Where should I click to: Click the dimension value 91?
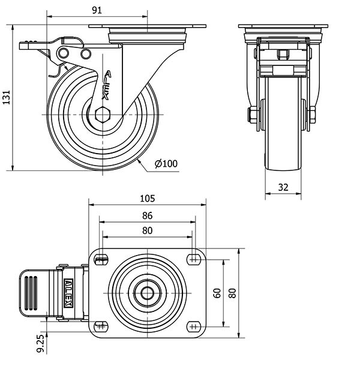click(x=97, y=10)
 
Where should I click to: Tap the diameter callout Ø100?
click(x=166, y=163)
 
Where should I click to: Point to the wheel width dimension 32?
click(x=283, y=187)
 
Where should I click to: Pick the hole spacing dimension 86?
click(x=148, y=215)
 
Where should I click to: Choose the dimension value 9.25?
click(x=41, y=343)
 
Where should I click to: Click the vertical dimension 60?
click(x=217, y=293)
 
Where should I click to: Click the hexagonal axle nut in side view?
click(x=103, y=114)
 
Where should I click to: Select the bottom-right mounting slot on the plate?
click(x=193, y=326)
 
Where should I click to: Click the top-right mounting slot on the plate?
click(x=193, y=259)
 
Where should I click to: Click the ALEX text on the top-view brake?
click(x=69, y=293)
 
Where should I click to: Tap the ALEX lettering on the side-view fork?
click(x=107, y=85)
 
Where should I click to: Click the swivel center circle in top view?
click(x=148, y=293)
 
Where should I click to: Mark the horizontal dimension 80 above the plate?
click(x=148, y=230)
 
